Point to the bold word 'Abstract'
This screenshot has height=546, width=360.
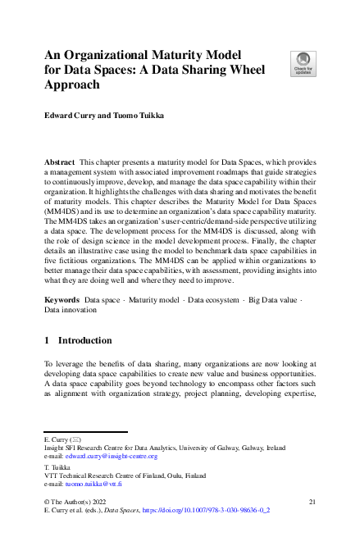coord(61,164)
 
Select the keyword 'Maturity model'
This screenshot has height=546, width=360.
coord(160,302)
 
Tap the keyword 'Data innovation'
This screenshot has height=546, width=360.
coord(71,312)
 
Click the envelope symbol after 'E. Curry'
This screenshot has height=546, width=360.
coord(76,439)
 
